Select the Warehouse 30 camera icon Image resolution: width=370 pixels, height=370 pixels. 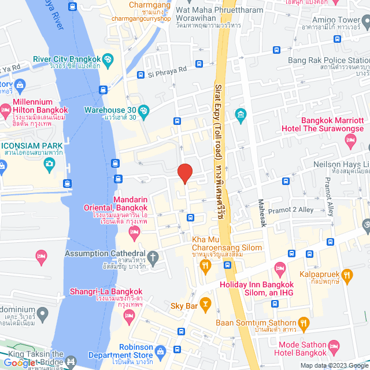144,110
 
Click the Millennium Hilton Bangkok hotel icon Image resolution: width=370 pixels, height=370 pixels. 5,109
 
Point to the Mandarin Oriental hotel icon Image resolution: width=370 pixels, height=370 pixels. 134,232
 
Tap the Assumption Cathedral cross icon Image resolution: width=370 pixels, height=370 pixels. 153,255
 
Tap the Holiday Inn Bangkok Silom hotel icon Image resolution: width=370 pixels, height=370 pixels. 280,268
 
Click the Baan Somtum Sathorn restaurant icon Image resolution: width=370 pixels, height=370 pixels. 305,323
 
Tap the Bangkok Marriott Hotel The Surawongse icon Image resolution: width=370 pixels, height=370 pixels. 350,140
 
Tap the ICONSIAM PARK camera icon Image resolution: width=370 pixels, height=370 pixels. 50,164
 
